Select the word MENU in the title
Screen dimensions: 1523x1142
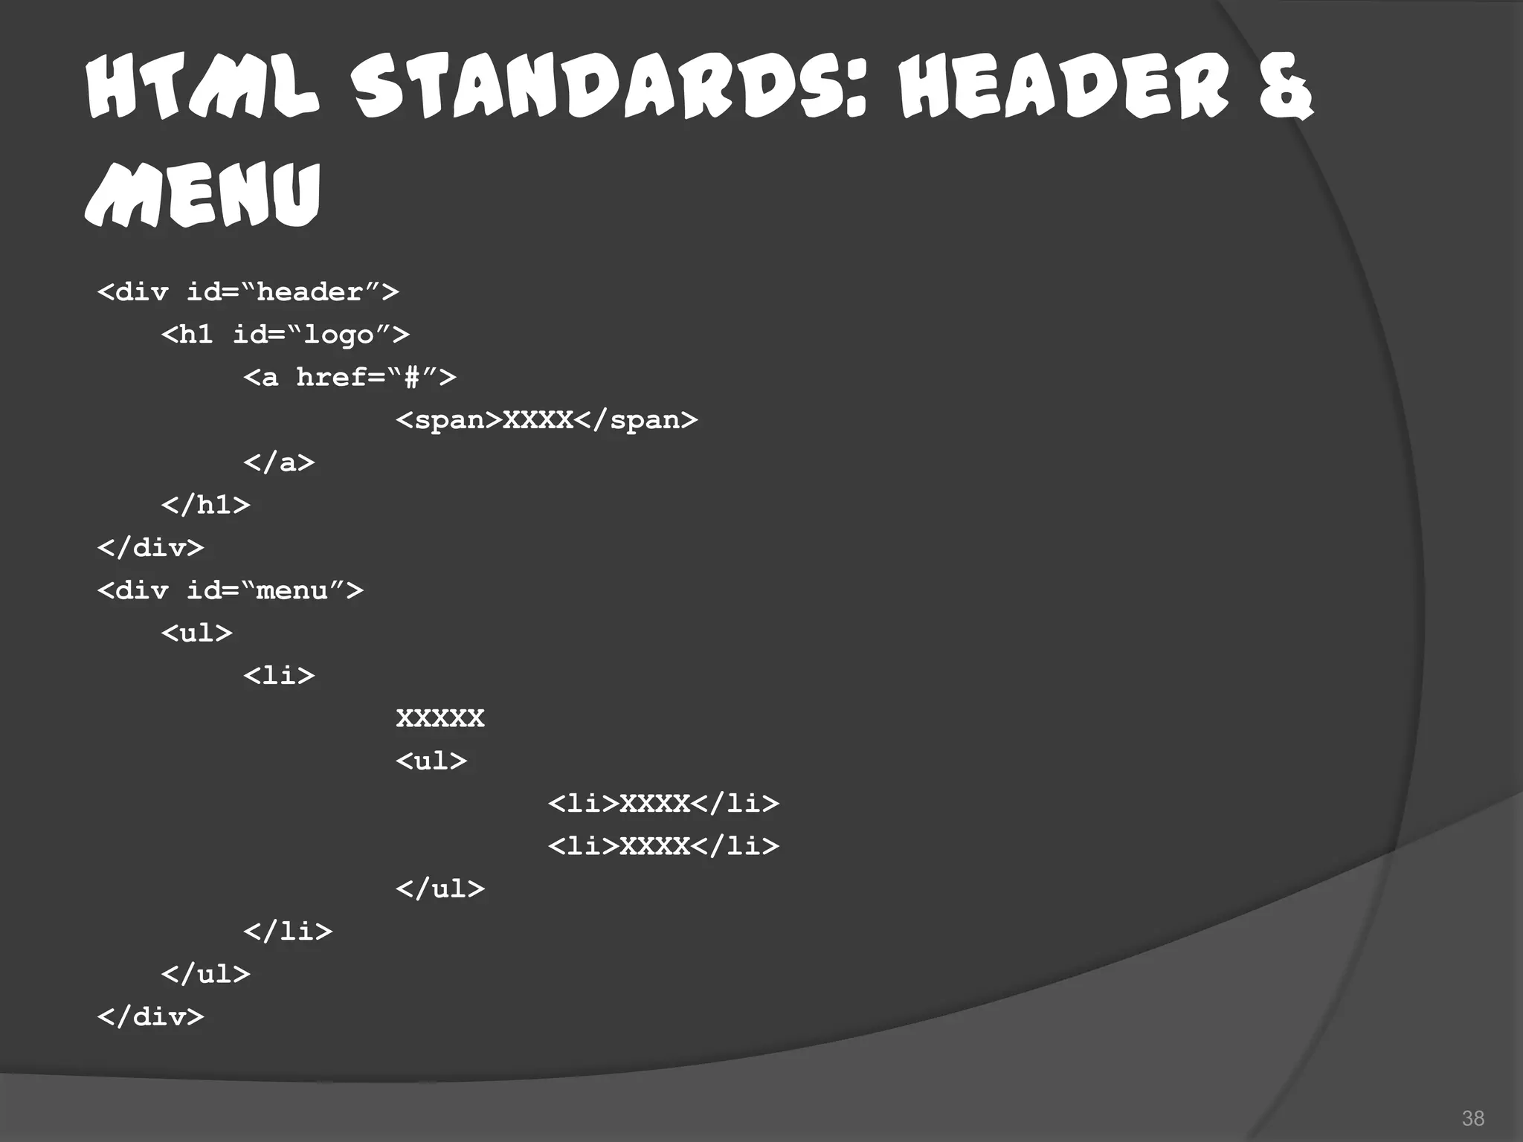[202, 195]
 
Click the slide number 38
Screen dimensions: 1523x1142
[1472, 1118]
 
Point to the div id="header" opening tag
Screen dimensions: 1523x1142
[248, 291]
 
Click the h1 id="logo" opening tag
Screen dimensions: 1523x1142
[285, 335]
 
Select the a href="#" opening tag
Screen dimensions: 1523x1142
[350, 377]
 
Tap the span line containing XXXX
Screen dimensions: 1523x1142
[547, 420]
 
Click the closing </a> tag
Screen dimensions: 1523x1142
[279, 462]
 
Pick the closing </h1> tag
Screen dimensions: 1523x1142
[205, 506]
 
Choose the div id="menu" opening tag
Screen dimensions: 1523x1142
[230, 590]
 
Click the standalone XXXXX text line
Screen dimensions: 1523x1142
[440, 718]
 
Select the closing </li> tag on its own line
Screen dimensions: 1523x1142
[288, 931]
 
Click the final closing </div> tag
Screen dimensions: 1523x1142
[150, 1016]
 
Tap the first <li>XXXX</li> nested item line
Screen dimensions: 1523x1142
[663, 804]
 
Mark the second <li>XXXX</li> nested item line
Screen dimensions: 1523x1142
[663, 846]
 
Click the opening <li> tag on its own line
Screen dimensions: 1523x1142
[279, 676]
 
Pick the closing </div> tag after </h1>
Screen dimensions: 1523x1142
[150, 548]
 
